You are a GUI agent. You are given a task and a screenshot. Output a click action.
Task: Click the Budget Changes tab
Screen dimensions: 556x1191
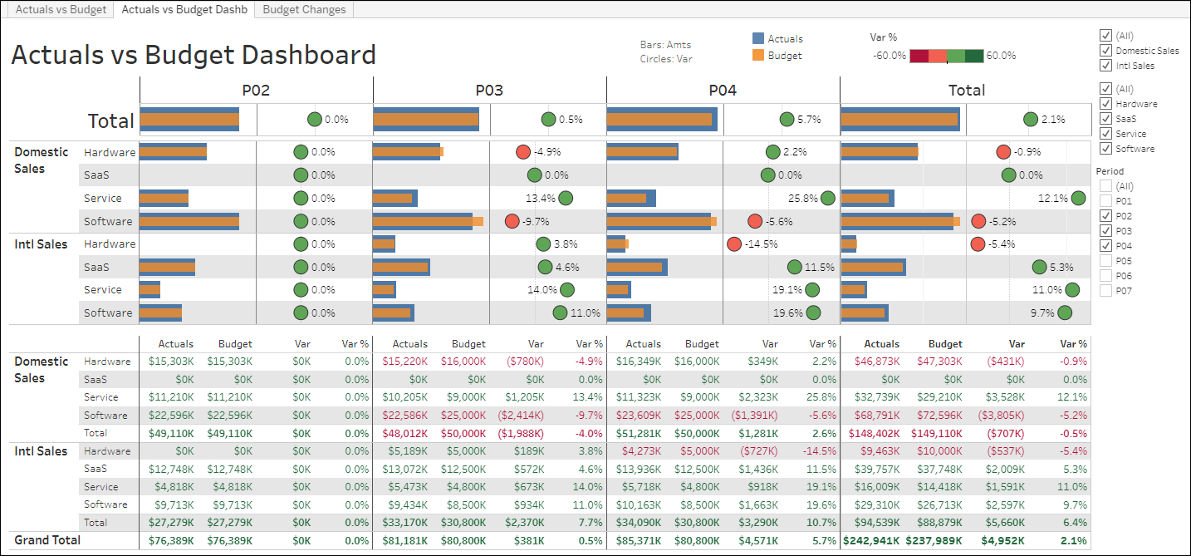(x=305, y=10)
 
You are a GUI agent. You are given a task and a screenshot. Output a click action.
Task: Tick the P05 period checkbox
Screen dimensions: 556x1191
(x=1105, y=261)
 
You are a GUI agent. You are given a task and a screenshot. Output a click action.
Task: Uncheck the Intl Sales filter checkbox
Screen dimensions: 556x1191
(x=1105, y=66)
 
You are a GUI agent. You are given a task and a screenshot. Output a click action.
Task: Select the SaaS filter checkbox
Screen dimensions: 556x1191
(x=1105, y=119)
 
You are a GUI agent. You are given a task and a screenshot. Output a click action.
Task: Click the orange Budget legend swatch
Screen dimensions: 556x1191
(x=757, y=56)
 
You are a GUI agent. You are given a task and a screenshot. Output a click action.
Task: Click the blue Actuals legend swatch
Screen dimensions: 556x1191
(x=757, y=38)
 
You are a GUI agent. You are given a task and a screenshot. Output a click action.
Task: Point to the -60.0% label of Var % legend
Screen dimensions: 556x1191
(x=889, y=56)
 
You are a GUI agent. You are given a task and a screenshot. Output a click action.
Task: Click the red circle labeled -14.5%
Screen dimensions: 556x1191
(x=734, y=244)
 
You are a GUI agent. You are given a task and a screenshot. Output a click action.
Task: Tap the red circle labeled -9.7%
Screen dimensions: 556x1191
(x=512, y=221)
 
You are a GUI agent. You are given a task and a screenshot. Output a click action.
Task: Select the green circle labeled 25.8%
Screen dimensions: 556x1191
(x=828, y=199)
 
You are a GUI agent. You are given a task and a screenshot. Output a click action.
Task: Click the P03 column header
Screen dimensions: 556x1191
(x=489, y=91)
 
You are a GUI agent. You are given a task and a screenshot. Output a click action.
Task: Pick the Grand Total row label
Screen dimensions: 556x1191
(x=47, y=540)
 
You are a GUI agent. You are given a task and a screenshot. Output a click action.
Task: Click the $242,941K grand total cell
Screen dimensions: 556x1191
(x=871, y=540)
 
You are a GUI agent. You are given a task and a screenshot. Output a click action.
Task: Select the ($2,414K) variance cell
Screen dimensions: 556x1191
(x=521, y=416)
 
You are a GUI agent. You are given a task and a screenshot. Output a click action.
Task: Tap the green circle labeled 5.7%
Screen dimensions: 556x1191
(x=787, y=120)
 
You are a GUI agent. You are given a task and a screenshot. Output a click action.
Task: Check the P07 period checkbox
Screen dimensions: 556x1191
(x=1105, y=291)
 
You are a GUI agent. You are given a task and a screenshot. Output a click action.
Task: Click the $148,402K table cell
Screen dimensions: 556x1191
(x=875, y=433)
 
